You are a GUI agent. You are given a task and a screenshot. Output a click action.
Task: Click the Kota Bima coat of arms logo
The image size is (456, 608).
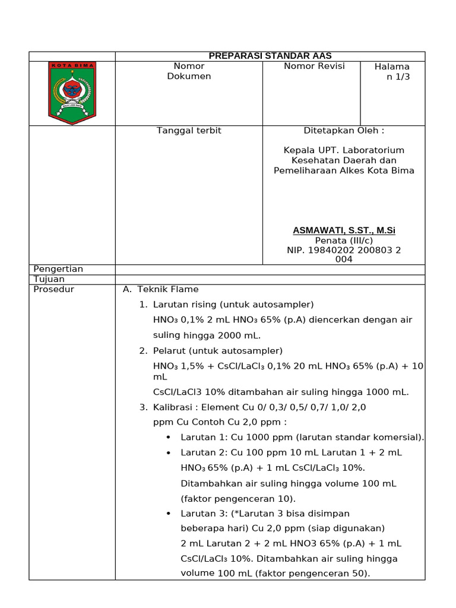tap(72, 93)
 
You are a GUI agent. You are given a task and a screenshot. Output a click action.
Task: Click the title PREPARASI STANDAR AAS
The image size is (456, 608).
tap(270, 56)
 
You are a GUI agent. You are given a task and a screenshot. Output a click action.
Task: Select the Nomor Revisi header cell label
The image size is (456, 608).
tap(314, 66)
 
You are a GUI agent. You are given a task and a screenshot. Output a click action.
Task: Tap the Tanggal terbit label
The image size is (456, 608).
tap(189, 131)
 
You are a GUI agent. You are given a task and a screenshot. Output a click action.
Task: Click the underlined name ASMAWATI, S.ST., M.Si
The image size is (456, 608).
tap(344, 230)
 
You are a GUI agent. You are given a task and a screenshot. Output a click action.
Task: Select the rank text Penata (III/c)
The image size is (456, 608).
tap(344, 240)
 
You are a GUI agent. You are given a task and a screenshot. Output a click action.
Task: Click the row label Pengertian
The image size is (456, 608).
tap(58, 270)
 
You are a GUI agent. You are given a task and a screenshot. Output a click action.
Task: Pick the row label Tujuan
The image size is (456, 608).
tap(49, 279)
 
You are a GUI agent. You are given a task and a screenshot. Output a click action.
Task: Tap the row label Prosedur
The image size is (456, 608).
tap(54, 290)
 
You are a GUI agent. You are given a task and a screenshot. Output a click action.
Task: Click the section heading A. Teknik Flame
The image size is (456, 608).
tap(161, 290)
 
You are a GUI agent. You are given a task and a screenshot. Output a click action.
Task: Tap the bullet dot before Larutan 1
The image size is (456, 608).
tap(169, 438)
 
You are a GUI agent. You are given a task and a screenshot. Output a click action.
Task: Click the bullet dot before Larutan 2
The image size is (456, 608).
tap(169, 453)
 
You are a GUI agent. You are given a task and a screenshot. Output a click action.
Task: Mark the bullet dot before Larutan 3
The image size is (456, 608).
tap(169, 514)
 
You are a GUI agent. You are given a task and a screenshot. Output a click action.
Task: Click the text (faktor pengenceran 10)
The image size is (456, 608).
tap(238, 499)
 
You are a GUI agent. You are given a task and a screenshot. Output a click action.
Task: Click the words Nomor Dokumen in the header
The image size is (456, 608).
tap(189, 71)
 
